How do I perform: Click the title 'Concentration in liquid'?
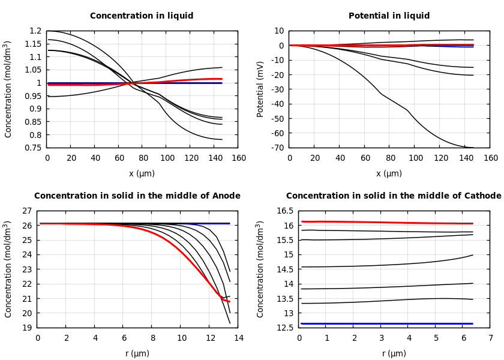(x=142, y=16)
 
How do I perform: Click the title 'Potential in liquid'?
(x=389, y=16)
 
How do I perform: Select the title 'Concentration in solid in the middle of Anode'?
(x=137, y=196)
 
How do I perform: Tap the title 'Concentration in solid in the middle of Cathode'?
(x=393, y=196)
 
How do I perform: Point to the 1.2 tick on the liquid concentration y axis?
(x=35, y=31)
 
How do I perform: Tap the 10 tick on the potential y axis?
(x=279, y=31)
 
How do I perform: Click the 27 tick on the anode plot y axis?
(x=26, y=211)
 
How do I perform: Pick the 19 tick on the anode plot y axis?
(x=26, y=328)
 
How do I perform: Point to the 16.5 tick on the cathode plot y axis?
(x=286, y=211)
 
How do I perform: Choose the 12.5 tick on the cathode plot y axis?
(x=286, y=328)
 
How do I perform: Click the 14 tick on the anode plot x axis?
(x=238, y=338)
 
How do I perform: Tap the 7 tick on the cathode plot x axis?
(x=490, y=338)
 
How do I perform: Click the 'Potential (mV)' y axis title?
(x=260, y=89)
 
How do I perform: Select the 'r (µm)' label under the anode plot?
(x=137, y=353)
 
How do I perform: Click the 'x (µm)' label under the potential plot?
(x=389, y=173)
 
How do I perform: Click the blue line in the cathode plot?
(x=390, y=323)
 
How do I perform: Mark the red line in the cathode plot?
(x=390, y=223)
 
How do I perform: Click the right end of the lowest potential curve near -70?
(x=472, y=147)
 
